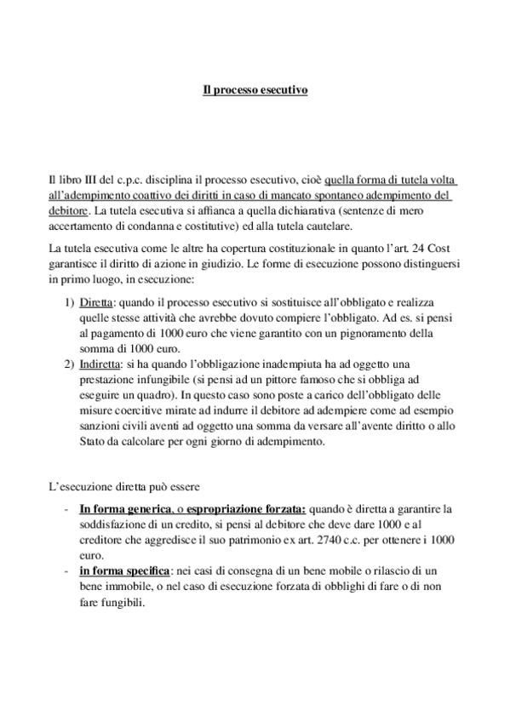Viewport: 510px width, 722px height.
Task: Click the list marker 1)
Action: tap(70, 302)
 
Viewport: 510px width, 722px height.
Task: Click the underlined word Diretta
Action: tap(100, 302)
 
